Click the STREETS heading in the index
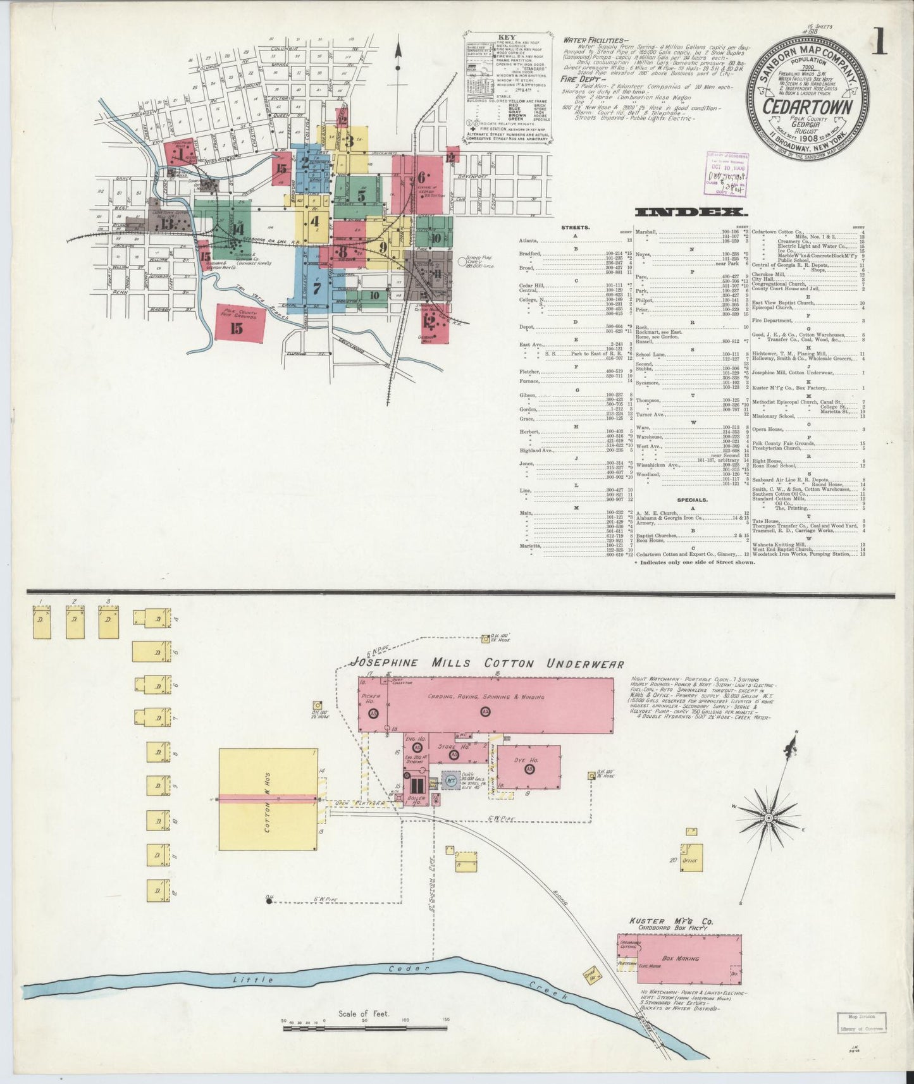[x=576, y=226]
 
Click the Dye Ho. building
[x=529, y=767]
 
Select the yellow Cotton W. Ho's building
[x=269, y=800]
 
